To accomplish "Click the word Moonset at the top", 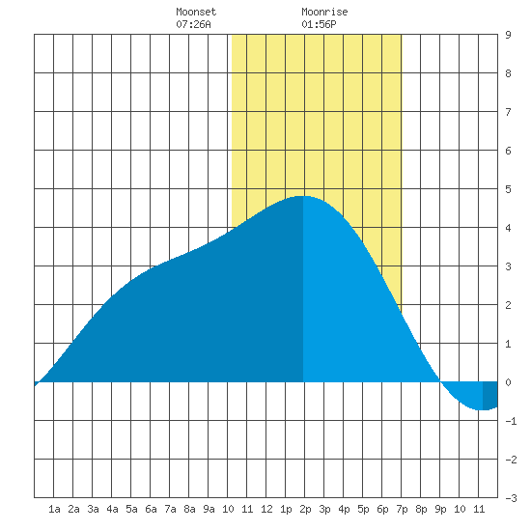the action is [196, 12].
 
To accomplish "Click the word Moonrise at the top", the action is [324, 12].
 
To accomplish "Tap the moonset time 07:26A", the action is [193, 24].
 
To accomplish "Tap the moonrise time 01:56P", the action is [319, 24].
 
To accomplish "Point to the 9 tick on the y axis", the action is [508, 35].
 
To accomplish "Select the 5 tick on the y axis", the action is [508, 189].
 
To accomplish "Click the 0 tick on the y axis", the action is [508, 382].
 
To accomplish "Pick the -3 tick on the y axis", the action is [511, 498].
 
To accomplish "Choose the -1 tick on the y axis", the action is [511, 421].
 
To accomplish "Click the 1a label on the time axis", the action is [54, 509].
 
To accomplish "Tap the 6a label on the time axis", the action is [151, 509].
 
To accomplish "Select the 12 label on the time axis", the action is [266, 509].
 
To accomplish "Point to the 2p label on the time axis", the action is [305, 509].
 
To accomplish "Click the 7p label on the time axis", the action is [402, 509].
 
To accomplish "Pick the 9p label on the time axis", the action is [440, 509].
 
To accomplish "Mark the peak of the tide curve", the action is [302, 196].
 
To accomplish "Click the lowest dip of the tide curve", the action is [481, 409].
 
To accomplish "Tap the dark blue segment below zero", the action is [490, 395].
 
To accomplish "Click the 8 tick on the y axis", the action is [508, 73].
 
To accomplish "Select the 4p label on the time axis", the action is [344, 509].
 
